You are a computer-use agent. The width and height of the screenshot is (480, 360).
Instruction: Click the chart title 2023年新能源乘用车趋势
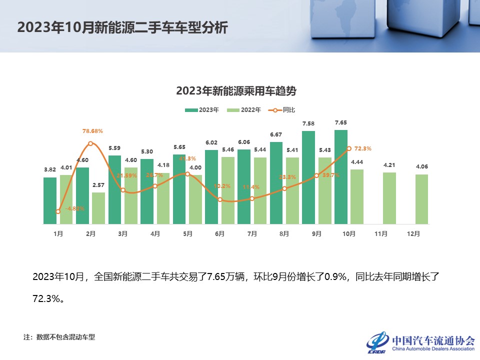pyautogui.click(x=236, y=91)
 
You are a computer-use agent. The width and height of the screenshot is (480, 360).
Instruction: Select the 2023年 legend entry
pyautogui.click(x=202, y=110)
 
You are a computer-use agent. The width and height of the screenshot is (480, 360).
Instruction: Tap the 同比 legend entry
pyautogui.click(x=285, y=110)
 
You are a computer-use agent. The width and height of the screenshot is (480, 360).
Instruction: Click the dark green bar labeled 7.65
pyautogui.click(x=341, y=177)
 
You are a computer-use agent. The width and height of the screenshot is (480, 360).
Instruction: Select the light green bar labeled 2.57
pyautogui.click(x=98, y=208)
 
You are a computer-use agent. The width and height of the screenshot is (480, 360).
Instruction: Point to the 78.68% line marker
pyautogui.click(x=90, y=143)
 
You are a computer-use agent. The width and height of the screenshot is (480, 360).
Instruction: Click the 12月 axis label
pyautogui.click(x=413, y=233)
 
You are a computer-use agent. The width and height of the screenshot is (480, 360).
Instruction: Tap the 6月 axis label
pyautogui.click(x=219, y=233)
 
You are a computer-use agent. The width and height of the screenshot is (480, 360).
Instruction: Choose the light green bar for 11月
pyautogui.click(x=389, y=198)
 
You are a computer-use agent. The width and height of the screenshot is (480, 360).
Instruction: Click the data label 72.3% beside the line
pyautogui.click(x=362, y=148)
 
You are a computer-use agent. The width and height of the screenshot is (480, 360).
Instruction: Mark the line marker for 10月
pyautogui.click(x=348, y=148)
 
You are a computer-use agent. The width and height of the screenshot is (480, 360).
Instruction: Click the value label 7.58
pyautogui.click(x=308, y=123)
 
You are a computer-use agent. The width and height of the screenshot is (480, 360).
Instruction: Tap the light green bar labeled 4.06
pyautogui.click(x=421, y=199)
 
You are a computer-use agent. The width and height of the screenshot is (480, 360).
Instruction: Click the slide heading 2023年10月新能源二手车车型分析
pyautogui.click(x=122, y=27)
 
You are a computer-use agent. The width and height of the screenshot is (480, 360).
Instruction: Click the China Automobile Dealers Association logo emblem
pyautogui.click(x=378, y=342)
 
